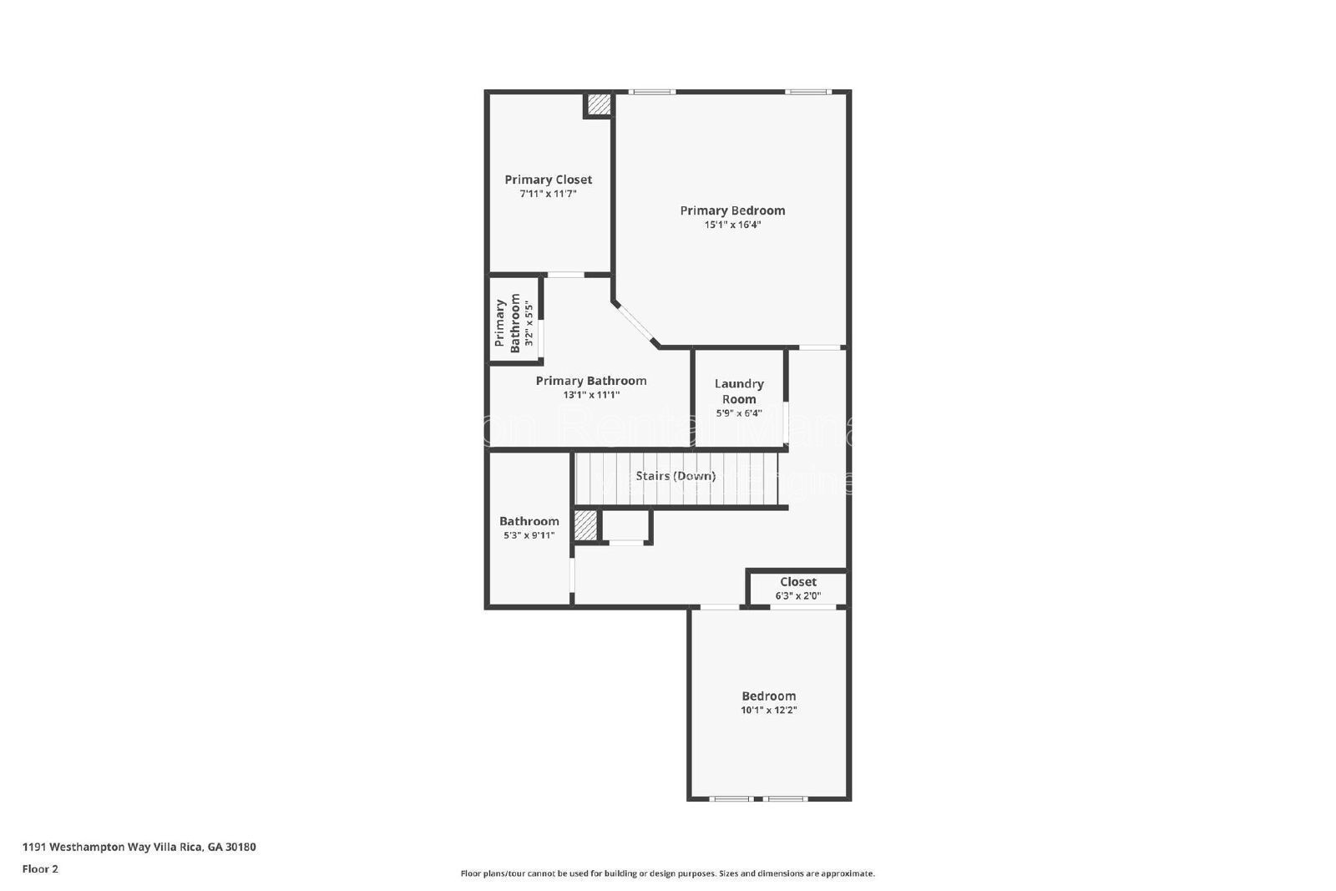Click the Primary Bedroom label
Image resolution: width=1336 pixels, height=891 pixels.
[732, 210]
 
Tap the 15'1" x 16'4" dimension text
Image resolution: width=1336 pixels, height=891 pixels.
[732, 225]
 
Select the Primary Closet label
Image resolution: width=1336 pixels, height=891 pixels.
[548, 180]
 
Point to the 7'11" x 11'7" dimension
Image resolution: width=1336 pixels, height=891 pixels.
[548, 194]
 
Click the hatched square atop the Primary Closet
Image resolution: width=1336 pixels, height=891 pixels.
[598, 105]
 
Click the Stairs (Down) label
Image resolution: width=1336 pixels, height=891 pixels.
[676, 476]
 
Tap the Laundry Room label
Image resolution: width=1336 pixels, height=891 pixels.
[739, 391]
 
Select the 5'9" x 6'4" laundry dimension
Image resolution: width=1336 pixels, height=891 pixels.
[739, 413]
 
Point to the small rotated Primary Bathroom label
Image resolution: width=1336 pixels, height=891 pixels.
[508, 323]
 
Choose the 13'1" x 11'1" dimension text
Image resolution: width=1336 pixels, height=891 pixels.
[591, 395]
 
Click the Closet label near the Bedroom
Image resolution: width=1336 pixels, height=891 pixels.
[798, 582]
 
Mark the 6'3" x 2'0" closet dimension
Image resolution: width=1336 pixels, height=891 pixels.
[798, 596]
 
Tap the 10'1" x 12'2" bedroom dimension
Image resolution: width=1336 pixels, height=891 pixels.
[768, 711]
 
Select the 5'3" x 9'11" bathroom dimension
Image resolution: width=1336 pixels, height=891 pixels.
[529, 535]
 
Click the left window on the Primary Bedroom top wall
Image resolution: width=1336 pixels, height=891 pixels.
[651, 92]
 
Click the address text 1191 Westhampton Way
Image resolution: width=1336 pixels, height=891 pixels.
[139, 847]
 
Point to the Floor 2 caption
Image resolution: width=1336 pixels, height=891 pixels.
[40, 868]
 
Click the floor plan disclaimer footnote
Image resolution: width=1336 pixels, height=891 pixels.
[667, 873]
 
